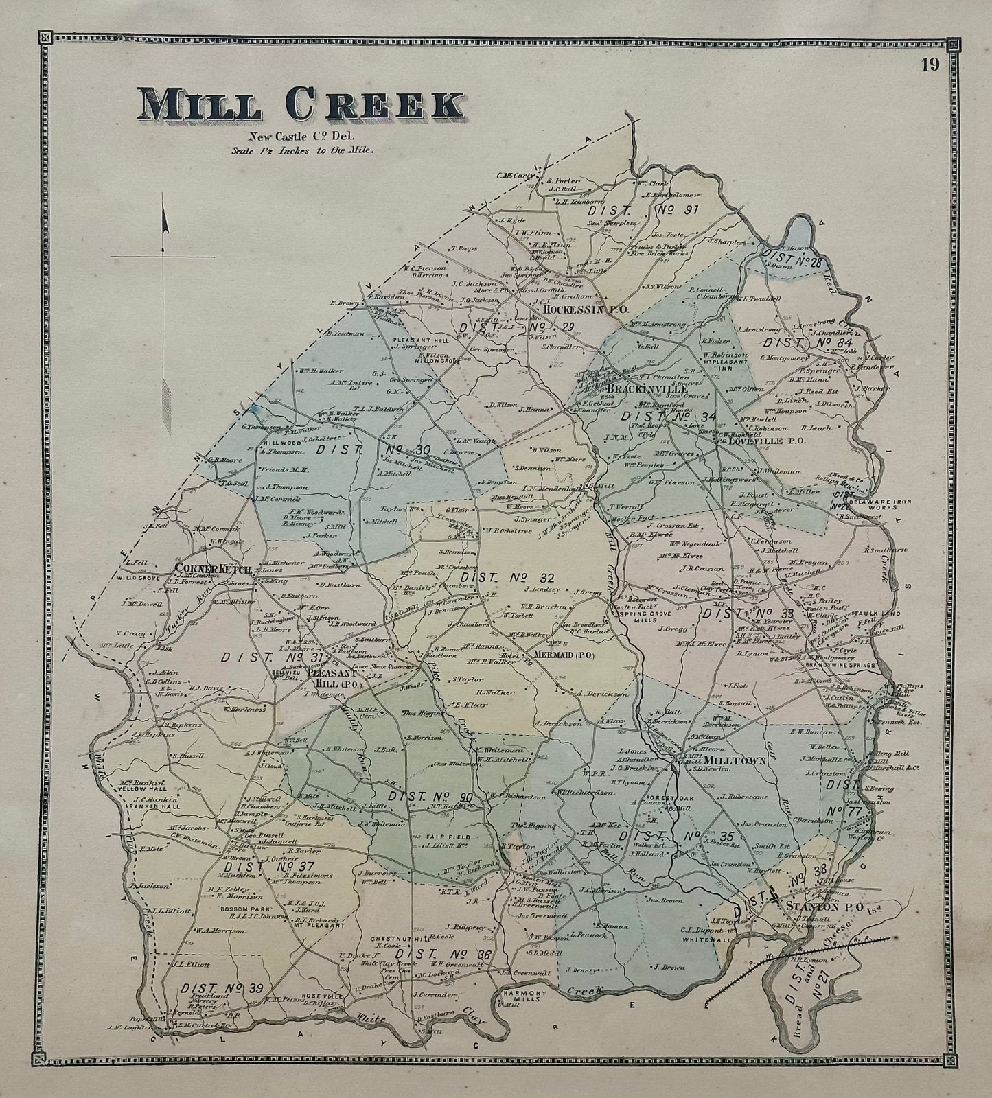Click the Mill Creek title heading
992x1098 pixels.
[x=301, y=105]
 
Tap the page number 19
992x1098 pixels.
[x=930, y=65]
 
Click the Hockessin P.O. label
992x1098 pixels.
[x=585, y=309]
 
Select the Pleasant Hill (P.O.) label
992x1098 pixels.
[x=328, y=678]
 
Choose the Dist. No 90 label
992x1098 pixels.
[x=430, y=797]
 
